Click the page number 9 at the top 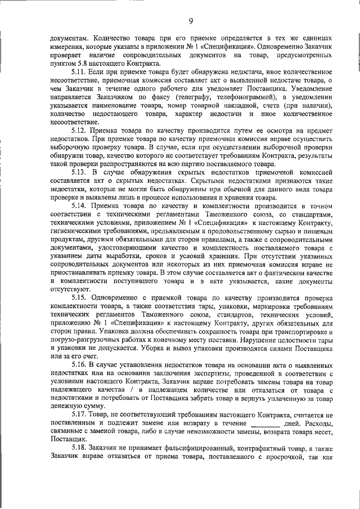click(x=191, y=21)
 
